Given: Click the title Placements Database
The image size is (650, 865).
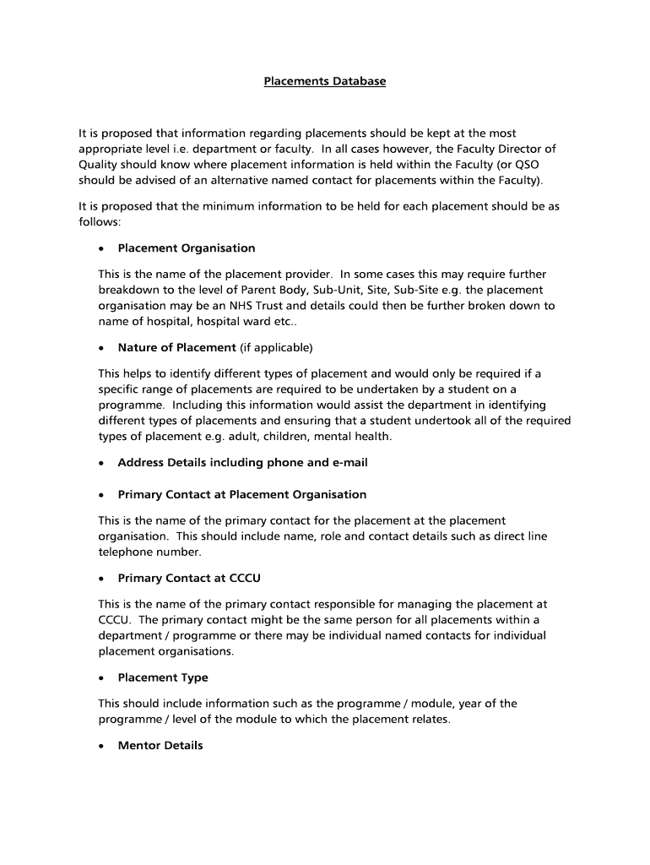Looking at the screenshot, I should tap(324, 82).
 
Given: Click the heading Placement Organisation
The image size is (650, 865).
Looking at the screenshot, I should tap(186, 248).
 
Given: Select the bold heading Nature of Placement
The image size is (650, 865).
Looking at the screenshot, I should tap(176, 347).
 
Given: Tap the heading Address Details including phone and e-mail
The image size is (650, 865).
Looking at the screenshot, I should tap(242, 463).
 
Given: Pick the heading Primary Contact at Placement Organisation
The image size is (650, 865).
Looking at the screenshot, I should tap(241, 494).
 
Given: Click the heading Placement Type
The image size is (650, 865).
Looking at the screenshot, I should tap(162, 677).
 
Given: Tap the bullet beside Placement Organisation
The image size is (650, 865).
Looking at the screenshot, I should tap(100, 249).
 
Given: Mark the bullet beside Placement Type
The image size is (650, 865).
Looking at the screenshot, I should tap(100, 678).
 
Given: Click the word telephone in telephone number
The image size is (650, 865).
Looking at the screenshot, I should tap(126, 552).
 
